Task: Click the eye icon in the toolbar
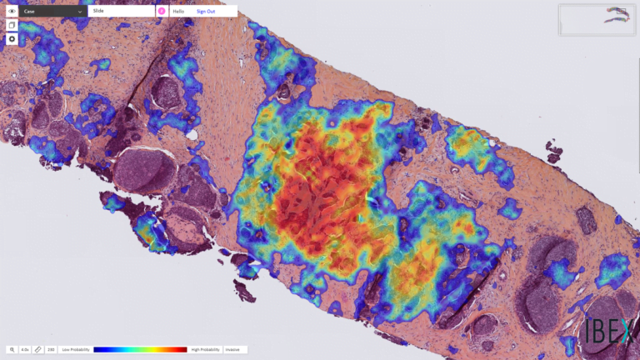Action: pos(12,12)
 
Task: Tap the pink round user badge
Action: pos(162,12)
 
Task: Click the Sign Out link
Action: pos(205,12)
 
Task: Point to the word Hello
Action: pos(178,12)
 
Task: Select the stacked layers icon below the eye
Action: pos(12,26)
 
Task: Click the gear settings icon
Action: pos(12,39)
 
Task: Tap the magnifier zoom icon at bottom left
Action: pos(12,349)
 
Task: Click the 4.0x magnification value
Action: pos(25,349)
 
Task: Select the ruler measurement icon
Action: pos(38,349)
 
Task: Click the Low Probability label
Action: pos(76,349)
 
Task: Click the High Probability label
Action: pos(206,349)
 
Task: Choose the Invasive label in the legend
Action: pos(233,349)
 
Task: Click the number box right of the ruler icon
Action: pos(51,349)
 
